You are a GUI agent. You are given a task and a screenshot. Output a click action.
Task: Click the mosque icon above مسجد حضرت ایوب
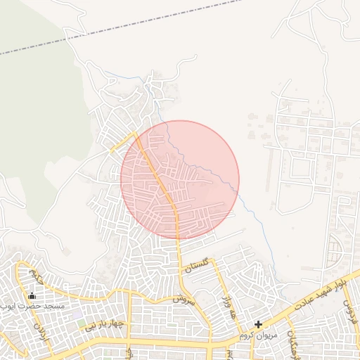[x=32, y=296]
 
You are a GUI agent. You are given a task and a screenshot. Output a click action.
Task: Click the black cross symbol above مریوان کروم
[x=259, y=325]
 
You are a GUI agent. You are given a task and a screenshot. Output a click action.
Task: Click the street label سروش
[x=179, y=298]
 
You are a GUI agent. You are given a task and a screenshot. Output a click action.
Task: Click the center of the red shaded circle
[x=180, y=180]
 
